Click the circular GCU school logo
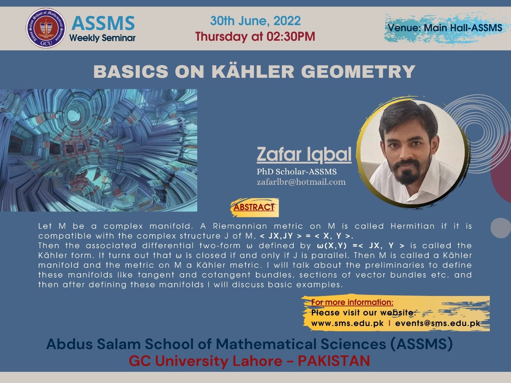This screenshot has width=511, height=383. [x=46, y=28]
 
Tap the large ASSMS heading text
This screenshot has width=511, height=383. [x=103, y=23]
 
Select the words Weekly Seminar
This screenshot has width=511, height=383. [x=102, y=38]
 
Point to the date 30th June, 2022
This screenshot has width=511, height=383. [x=255, y=21]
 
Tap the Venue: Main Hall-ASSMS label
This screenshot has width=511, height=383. [x=445, y=28]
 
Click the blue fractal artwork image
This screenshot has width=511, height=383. [x=99, y=150]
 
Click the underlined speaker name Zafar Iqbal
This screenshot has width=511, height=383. [x=304, y=154]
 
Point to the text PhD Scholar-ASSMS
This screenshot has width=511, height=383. [x=297, y=172]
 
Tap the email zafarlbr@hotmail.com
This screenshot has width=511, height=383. [x=301, y=182]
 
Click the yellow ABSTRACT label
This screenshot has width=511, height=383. [x=254, y=207]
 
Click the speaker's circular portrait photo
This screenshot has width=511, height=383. [x=413, y=152]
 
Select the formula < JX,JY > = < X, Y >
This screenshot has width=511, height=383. [x=306, y=236]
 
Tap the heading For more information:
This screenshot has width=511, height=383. [x=352, y=302]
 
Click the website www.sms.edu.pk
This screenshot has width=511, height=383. [x=347, y=323]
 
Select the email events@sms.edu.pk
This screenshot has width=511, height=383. [x=438, y=323]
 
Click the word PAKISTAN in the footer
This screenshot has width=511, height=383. [x=334, y=361]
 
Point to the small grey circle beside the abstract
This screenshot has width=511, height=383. [x=501, y=228]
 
